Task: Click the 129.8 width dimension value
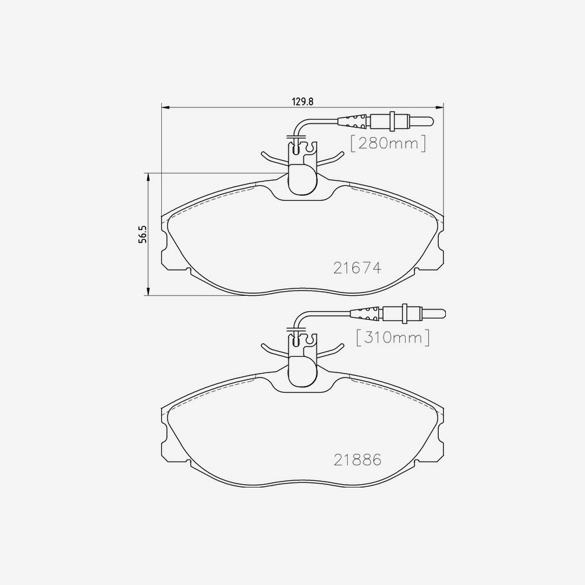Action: (302, 101)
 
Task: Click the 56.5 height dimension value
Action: (142, 235)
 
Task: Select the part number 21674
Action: (357, 267)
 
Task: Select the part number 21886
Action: (357, 460)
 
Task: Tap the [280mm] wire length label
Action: (389, 143)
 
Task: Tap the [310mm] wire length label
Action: (393, 338)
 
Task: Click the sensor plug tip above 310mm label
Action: (436, 314)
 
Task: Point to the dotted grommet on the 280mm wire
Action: (353, 120)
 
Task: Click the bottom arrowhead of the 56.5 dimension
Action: (149, 292)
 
